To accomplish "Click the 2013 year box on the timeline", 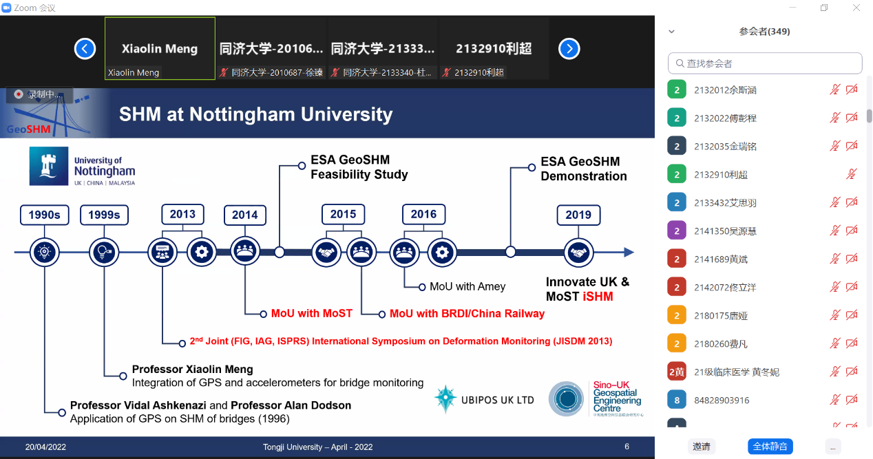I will pyautogui.click(x=182, y=214).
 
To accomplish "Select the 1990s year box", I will pyautogui.click(x=44, y=215).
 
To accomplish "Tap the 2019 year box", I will pyautogui.click(x=578, y=215).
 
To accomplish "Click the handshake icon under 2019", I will pyautogui.click(x=578, y=253).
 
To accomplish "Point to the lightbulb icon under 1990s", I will pyautogui.click(x=44, y=253).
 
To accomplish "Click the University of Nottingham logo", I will pyautogui.click(x=83, y=166).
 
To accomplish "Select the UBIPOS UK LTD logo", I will pyautogui.click(x=485, y=400).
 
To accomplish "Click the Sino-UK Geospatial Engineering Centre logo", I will pyautogui.click(x=596, y=399).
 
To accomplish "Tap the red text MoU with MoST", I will pyautogui.click(x=311, y=314).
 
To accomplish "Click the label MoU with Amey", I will pyautogui.click(x=467, y=286).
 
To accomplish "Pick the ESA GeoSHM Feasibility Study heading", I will pyautogui.click(x=359, y=167).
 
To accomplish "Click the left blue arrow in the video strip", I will pyautogui.click(x=85, y=49).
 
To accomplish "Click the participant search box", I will pyautogui.click(x=765, y=63).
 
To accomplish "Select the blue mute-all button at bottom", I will pyautogui.click(x=770, y=447).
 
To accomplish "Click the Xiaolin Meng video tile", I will pyautogui.click(x=160, y=49).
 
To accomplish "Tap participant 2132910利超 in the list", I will pyautogui.click(x=720, y=175).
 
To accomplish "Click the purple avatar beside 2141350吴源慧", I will pyautogui.click(x=677, y=231).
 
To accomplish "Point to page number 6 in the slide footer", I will pyautogui.click(x=627, y=447).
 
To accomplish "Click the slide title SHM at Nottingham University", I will pyautogui.click(x=255, y=114).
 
